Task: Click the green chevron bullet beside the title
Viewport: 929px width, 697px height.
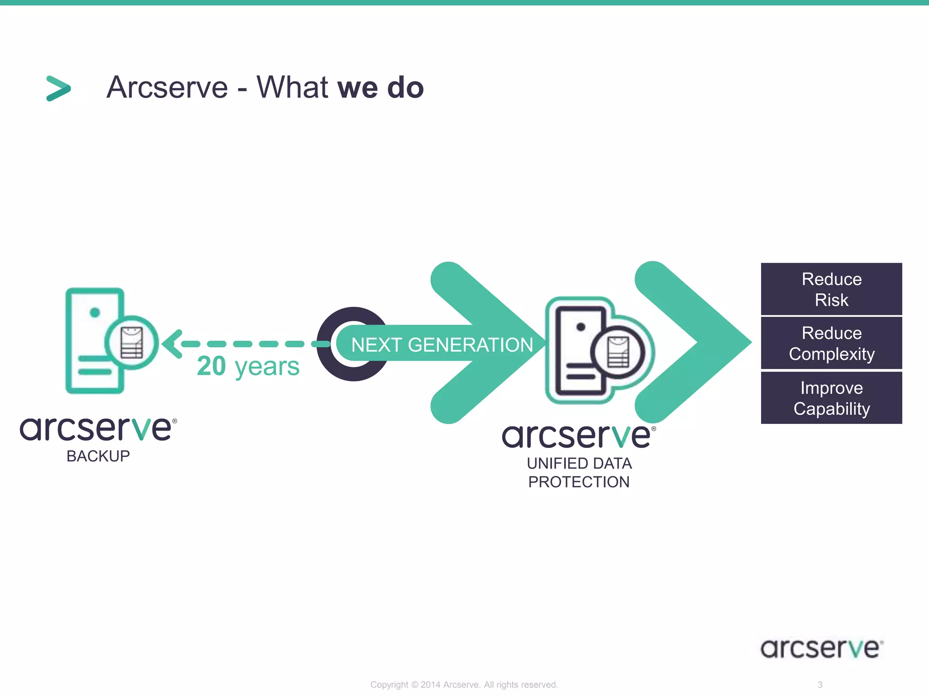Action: pos(59,88)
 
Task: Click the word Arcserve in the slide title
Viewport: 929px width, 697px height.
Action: pos(167,88)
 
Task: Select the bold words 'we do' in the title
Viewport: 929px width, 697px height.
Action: pos(381,88)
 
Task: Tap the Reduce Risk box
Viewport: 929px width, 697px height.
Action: pos(831,289)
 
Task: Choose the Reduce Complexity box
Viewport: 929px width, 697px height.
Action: pos(831,344)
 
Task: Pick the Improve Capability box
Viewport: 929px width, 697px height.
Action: pos(831,398)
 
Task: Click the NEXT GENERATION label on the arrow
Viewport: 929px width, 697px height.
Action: pos(442,345)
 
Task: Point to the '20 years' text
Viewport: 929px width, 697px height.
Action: pos(248,366)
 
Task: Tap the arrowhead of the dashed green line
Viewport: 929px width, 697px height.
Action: pos(171,344)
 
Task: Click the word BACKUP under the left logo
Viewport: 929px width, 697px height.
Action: pos(98,456)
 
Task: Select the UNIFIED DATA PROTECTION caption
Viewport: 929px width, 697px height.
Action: pos(579,472)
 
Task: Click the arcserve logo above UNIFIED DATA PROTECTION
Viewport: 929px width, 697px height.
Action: pos(577,436)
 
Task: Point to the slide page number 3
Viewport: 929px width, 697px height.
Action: pos(820,685)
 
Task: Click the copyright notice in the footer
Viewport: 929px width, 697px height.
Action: pos(464,685)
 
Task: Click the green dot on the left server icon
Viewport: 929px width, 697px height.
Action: pos(95,312)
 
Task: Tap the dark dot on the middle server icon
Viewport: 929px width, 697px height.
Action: pos(581,327)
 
